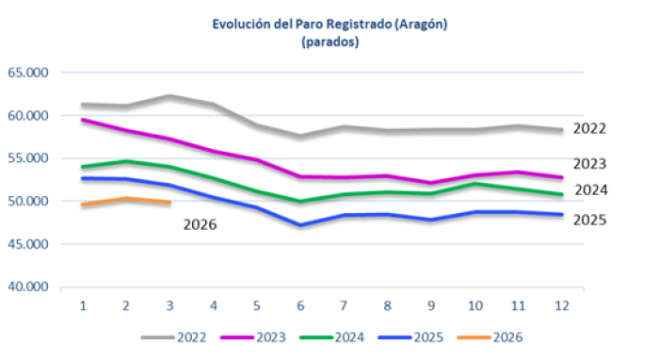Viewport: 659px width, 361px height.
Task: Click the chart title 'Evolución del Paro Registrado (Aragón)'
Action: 329,25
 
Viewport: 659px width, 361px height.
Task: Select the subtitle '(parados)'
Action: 329,42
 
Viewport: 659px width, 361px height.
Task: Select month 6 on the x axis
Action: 300,306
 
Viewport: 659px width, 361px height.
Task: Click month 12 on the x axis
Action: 562,306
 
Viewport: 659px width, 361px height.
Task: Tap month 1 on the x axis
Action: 83,306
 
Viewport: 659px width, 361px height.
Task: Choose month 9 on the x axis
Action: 431,306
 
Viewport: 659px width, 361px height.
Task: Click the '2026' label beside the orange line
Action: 200,225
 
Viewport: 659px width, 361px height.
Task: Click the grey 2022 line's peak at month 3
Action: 169,95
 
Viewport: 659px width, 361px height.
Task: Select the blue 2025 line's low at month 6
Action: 300,225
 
